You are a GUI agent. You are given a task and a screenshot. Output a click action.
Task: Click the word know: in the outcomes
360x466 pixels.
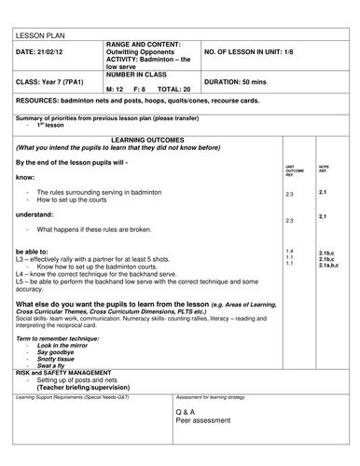click(26, 175)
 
